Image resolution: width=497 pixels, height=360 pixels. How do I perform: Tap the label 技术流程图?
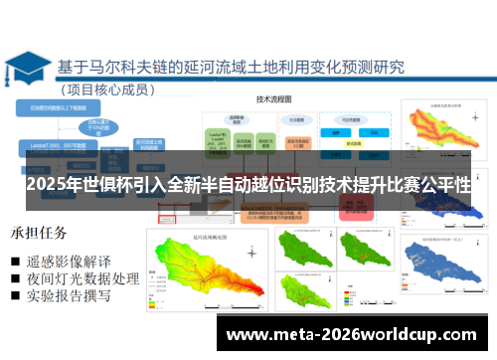272,100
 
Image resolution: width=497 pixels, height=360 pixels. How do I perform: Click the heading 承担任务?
39,234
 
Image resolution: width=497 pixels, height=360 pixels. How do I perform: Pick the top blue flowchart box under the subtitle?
65,106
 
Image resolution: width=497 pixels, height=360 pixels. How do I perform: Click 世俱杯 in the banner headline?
108,186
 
